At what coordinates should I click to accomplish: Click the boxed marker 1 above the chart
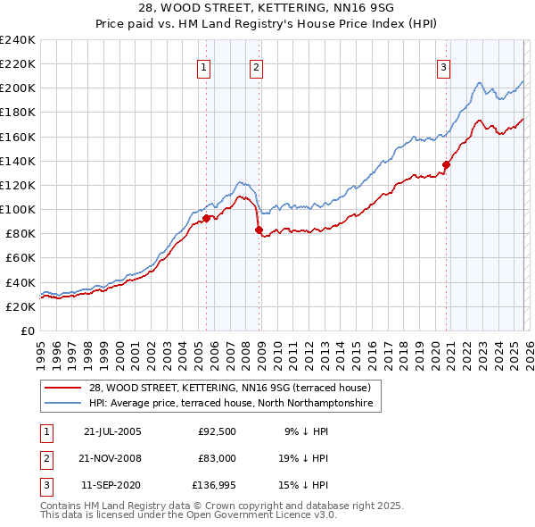tap(204, 67)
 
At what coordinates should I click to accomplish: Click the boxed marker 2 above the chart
tap(256, 67)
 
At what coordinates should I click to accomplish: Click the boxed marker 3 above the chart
tap(443, 67)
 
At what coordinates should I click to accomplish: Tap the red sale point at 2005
tap(206, 218)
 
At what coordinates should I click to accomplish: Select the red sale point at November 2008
tap(259, 230)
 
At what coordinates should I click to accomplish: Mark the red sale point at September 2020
tap(446, 164)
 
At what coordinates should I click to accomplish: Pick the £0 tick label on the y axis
tap(28, 330)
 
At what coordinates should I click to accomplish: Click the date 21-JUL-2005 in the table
tap(112, 431)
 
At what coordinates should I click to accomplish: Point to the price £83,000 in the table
tap(218, 458)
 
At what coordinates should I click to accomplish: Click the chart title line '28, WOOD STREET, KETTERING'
tap(267, 8)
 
